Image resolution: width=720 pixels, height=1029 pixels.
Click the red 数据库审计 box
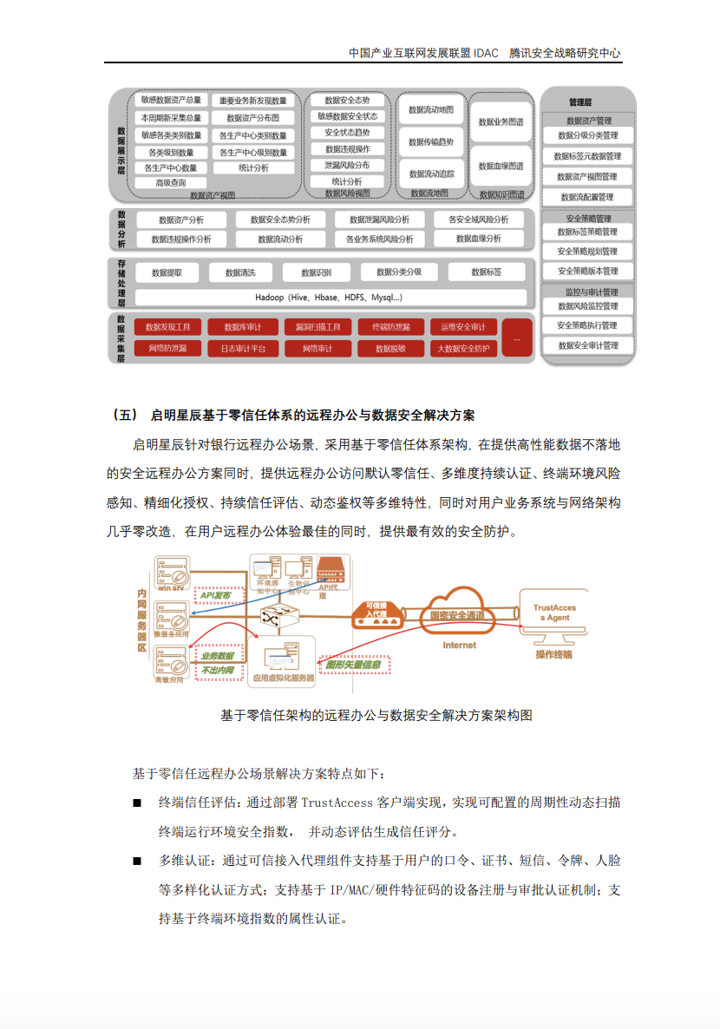pos(244,327)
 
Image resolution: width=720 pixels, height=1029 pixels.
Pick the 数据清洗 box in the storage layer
pos(240,272)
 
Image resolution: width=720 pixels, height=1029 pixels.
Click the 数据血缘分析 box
pos(479,239)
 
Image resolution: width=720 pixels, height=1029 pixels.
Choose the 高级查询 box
pos(170,183)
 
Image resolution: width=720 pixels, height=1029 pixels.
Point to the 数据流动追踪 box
pos(431,174)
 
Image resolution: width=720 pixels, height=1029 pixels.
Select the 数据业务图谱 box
pos(501,122)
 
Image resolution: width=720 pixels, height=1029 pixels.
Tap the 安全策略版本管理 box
pos(588,271)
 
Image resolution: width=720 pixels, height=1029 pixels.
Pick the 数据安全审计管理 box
pos(588,345)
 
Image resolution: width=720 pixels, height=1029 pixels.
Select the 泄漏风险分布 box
pos(347,165)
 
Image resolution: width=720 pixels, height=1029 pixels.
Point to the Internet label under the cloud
pos(459,645)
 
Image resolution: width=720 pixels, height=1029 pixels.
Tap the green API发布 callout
pos(215,595)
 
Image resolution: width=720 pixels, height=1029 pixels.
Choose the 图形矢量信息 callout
pos(354,665)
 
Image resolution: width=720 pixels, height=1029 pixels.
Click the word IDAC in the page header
pos(487,53)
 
